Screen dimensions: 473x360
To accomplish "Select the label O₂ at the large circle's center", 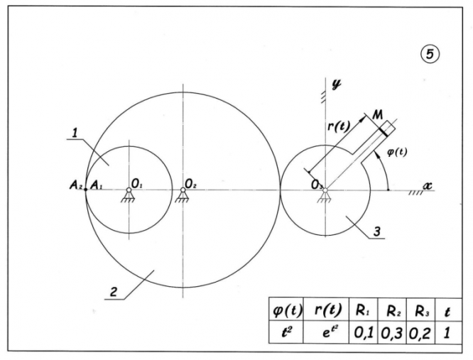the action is click(x=190, y=183).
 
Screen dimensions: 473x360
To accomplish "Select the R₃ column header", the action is click(x=418, y=310).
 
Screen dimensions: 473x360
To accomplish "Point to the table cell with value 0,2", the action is click(x=419, y=332).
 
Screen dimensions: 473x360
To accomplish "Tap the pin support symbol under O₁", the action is click(x=129, y=195).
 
